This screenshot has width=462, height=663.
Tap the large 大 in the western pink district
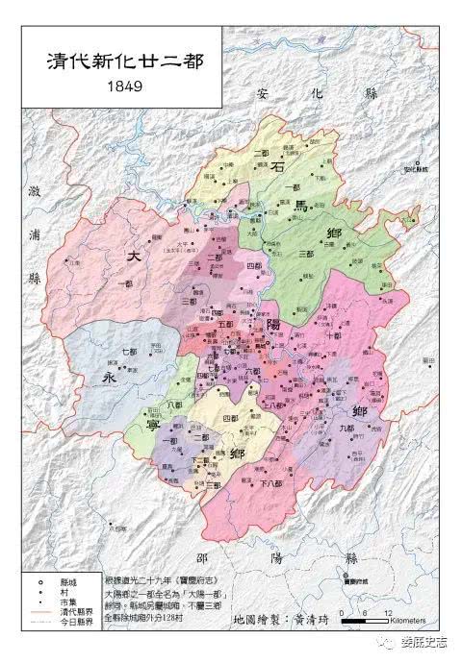[133, 257]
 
